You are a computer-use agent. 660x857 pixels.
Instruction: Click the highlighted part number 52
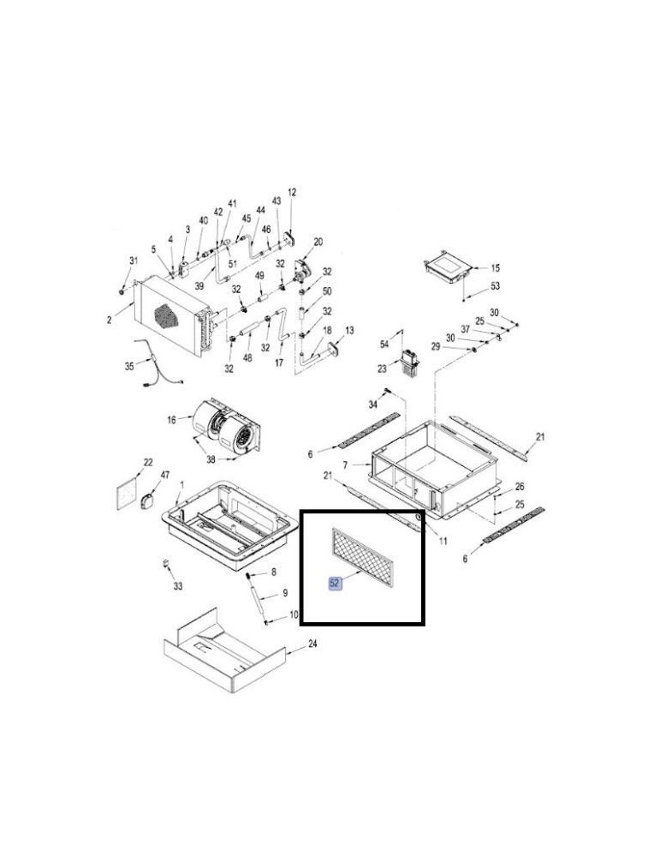click(x=334, y=583)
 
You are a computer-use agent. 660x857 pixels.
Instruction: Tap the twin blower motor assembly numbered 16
click(x=225, y=426)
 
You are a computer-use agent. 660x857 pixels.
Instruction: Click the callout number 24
click(x=312, y=644)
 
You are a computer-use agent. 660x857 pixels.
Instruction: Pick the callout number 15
click(x=495, y=267)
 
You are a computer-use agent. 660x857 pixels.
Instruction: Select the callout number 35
click(x=129, y=366)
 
